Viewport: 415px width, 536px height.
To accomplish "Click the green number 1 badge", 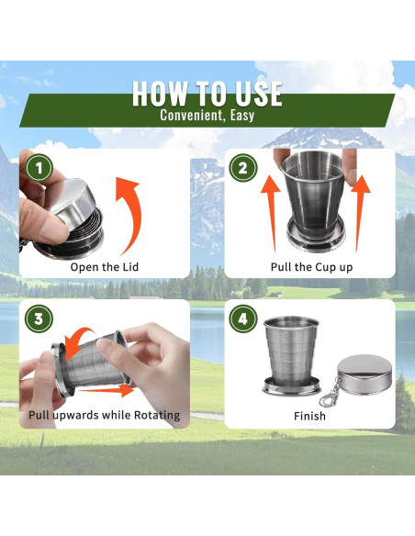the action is pyautogui.click(x=39, y=168).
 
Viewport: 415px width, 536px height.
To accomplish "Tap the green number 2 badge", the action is pyautogui.click(x=242, y=168).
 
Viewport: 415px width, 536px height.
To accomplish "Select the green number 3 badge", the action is pyautogui.click(x=39, y=318).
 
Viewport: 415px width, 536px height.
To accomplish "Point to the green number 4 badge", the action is pyautogui.click(x=242, y=318).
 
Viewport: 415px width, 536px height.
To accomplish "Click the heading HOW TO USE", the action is pyautogui.click(x=207, y=94).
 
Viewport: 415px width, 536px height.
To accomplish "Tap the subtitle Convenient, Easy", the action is pyautogui.click(x=207, y=115).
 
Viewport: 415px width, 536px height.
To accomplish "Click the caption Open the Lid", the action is pyautogui.click(x=105, y=267).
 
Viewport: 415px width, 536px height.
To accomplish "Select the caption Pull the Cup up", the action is pyautogui.click(x=311, y=267).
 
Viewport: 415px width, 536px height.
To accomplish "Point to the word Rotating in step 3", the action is pyautogui.click(x=157, y=416).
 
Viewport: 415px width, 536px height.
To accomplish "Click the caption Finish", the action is pyautogui.click(x=309, y=416).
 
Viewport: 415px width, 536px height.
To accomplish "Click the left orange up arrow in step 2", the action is pyautogui.click(x=271, y=212).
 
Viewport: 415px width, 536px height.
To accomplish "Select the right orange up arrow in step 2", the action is pyautogui.click(x=360, y=212).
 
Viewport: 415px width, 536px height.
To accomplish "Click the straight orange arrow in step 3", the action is pyautogui.click(x=107, y=390).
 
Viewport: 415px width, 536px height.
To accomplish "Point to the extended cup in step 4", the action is pyautogui.click(x=292, y=355).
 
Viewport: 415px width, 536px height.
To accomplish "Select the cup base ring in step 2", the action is pyautogui.click(x=316, y=237).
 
